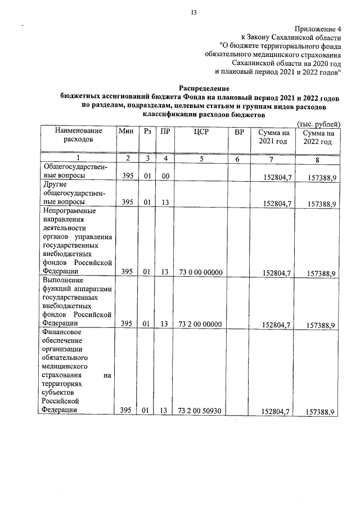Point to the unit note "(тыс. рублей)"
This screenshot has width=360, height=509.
(x=318, y=124)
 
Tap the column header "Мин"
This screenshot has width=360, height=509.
(x=127, y=132)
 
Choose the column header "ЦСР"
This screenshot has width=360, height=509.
(x=201, y=132)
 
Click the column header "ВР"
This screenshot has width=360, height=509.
(x=239, y=132)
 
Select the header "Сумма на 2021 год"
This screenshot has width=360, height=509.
(x=273, y=137)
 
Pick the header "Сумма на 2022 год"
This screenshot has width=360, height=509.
(x=318, y=137)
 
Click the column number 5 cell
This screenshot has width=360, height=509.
(x=201, y=159)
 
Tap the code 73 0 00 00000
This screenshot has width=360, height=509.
(x=201, y=273)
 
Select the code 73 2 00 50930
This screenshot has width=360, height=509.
(x=201, y=411)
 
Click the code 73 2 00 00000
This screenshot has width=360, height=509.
(x=201, y=324)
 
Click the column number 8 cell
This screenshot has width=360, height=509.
(x=318, y=159)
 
